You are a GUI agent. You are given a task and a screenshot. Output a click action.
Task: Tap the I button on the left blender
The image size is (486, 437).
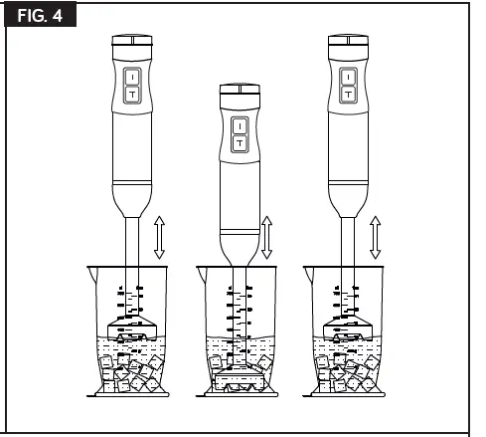(133, 76)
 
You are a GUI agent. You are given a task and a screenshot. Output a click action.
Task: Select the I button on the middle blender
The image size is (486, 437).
(239, 125)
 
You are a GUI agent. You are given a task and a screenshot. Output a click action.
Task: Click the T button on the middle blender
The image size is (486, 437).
(239, 143)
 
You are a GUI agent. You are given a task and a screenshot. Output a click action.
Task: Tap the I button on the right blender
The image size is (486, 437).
(348, 76)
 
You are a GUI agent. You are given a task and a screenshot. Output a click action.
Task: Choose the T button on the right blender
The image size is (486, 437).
(348, 94)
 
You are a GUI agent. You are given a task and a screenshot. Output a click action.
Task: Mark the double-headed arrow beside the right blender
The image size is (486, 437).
(375, 235)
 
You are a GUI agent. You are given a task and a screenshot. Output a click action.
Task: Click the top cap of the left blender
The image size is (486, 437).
(133, 42)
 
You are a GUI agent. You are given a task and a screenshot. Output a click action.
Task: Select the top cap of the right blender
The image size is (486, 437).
(348, 42)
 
